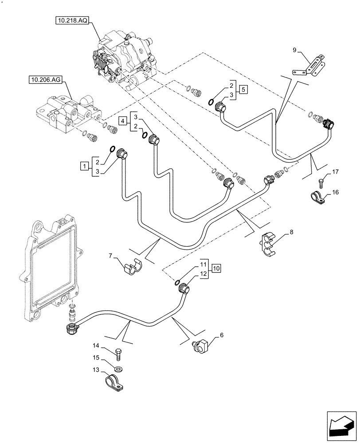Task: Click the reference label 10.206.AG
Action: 46,80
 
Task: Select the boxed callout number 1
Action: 83,166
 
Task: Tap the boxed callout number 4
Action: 121,120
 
